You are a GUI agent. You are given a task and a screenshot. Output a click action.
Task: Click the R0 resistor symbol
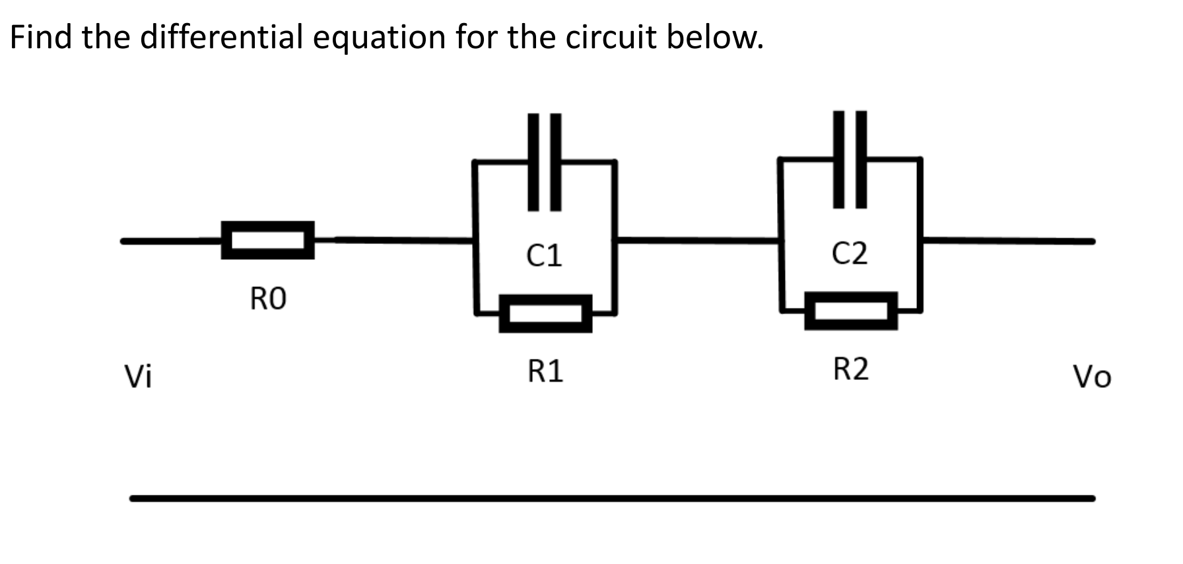pos(267,240)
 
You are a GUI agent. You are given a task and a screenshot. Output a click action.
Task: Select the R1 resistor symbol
pos(545,313)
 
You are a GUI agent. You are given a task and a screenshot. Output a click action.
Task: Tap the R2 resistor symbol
pos(850,310)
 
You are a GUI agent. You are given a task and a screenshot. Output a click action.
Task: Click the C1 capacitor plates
pos(545,162)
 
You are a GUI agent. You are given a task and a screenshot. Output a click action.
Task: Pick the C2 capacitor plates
pos(850,160)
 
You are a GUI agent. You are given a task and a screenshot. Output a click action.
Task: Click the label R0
pos(268,299)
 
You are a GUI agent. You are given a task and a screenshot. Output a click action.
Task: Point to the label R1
pos(545,372)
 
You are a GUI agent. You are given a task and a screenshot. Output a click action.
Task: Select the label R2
pos(850,369)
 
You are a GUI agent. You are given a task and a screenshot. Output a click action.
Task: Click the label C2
pos(850,253)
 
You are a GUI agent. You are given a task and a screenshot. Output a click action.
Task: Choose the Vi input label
pos(139,377)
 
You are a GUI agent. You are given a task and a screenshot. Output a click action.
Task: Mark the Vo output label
pos(1092,377)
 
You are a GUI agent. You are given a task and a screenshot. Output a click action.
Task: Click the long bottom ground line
pos(612,498)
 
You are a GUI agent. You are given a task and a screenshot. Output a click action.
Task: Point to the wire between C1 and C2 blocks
pos(697,240)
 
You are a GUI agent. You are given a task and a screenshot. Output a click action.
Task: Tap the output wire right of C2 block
pos(1008,241)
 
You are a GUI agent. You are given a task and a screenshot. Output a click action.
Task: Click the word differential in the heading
pos(222,37)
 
